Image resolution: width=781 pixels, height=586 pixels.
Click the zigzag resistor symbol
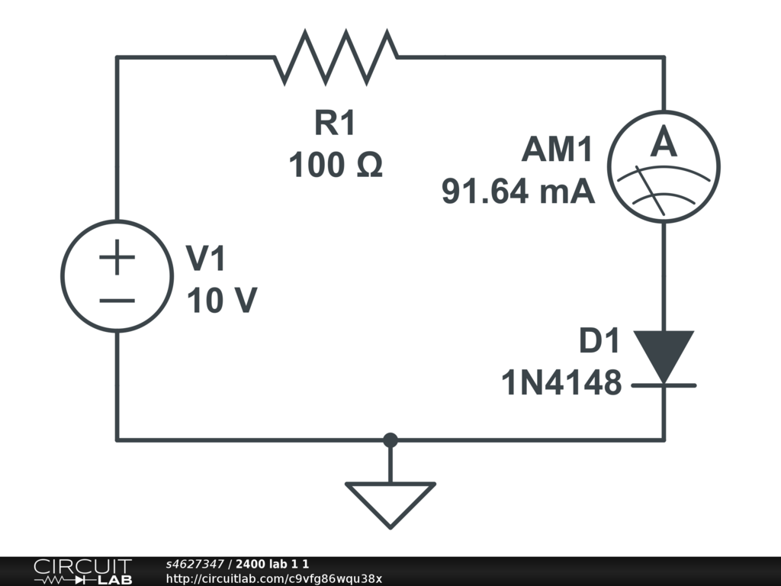(336, 57)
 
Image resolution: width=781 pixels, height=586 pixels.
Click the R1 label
(335, 123)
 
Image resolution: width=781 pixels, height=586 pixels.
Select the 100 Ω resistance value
(336, 165)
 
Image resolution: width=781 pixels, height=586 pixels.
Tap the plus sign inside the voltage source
(117, 257)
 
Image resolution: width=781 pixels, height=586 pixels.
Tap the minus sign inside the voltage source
(117, 301)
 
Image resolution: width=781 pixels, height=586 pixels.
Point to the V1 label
(206, 258)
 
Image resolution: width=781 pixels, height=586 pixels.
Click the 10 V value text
(222, 300)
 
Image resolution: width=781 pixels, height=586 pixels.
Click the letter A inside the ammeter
(664, 142)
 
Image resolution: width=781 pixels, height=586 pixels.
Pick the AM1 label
(557, 149)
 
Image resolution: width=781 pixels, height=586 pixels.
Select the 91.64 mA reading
(518, 192)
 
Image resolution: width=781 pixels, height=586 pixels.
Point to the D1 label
(599, 341)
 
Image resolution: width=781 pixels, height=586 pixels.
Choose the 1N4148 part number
(561, 383)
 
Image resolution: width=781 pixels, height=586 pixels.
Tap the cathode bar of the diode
(664, 385)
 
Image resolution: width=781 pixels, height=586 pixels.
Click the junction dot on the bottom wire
(390, 440)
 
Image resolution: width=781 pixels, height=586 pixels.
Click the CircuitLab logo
(82, 572)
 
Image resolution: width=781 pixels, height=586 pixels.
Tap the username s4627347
(194, 564)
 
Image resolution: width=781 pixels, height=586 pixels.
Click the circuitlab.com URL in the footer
(274, 578)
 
